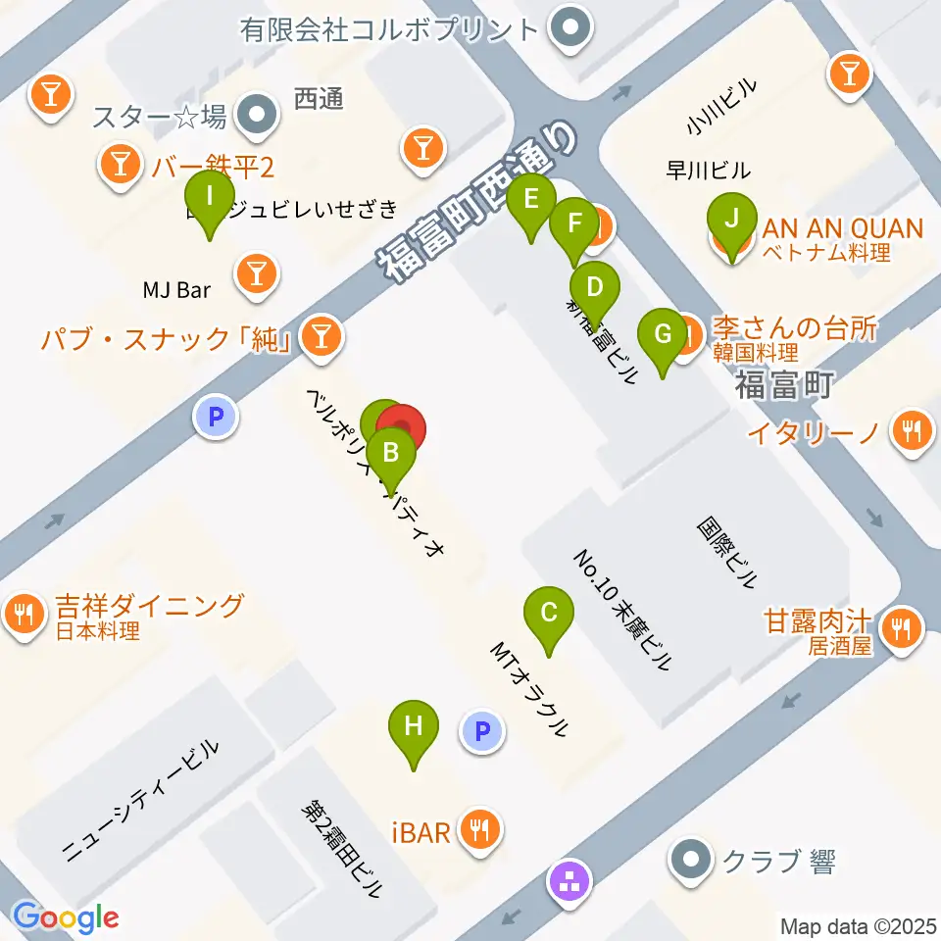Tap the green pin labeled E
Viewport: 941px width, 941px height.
coord(531,200)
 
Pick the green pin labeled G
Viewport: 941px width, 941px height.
coord(664,335)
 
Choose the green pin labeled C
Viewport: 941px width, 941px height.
coord(549,615)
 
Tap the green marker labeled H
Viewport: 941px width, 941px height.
coord(414,728)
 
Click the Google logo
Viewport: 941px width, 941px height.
coord(66,917)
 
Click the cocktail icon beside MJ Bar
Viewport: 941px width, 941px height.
coord(258,274)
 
